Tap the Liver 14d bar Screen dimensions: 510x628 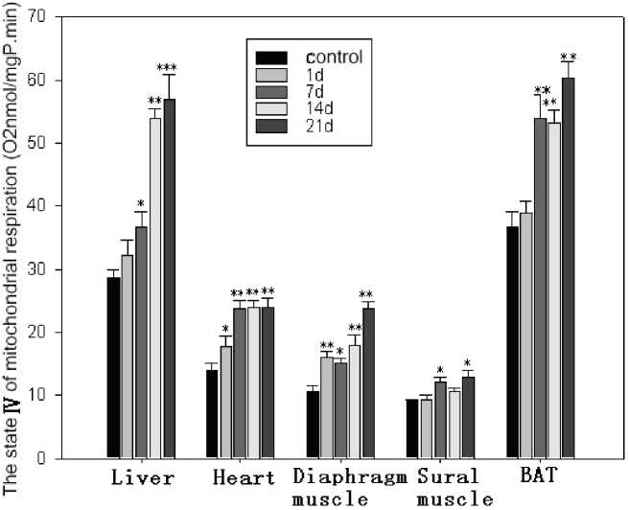[x=155, y=288]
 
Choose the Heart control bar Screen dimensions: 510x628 [x=212, y=413]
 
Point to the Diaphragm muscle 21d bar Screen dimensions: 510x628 [x=368, y=382]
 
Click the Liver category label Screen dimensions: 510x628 [x=141, y=476]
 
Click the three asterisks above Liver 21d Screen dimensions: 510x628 [x=167, y=67]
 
